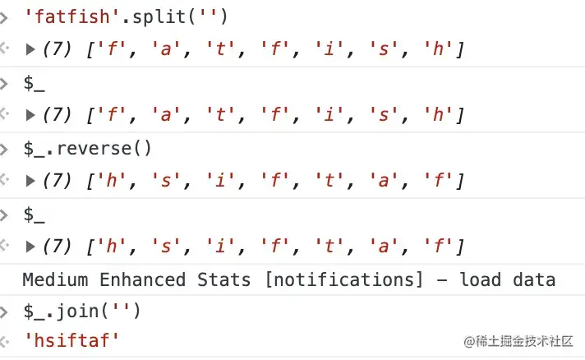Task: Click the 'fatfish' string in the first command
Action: [x=65, y=17]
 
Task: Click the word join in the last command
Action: [x=82, y=311]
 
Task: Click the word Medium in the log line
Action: [x=55, y=279]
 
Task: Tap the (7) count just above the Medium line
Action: [x=57, y=245]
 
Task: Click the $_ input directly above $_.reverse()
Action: [x=34, y=83]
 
